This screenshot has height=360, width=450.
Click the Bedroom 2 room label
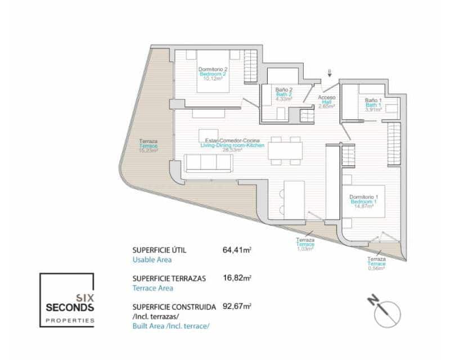click(x=213, y=74)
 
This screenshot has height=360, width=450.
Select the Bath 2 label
click(x=283, y=94)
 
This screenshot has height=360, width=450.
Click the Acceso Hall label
click(x=326, y=101)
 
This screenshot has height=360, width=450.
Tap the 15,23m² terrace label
click(x=148, y=146)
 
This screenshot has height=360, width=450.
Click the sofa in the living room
click(x=208, y=163)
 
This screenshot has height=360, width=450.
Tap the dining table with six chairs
click(x=285, y=151)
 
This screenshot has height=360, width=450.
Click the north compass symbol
click(x=387, y=313)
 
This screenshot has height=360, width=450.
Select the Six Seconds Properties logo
click(x=66, y=300)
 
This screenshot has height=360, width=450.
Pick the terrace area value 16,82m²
click(x=237, y=277)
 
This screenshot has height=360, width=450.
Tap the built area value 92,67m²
click(x=237, y=307)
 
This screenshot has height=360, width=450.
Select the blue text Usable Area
click(x=152, y=259)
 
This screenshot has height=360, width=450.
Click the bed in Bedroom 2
click(x=213, y=71)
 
